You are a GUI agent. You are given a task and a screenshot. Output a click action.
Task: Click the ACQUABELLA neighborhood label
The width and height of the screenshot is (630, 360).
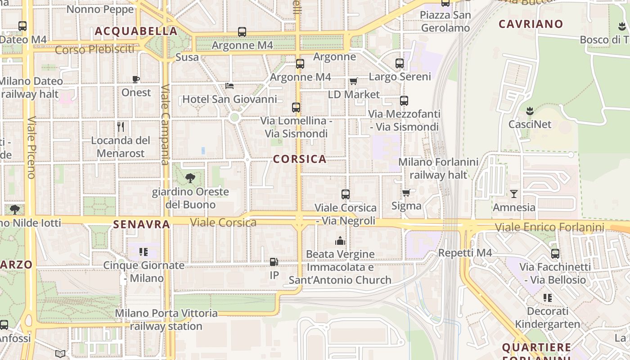(x=136, y=31)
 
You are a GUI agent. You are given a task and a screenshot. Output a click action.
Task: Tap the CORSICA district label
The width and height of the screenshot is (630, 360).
(x=300, y=159)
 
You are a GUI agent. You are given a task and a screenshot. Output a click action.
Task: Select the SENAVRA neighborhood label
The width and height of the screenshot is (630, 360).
(x=141, y=224)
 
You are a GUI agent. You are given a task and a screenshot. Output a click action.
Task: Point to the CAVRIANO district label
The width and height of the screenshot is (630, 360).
(x=531, y=24)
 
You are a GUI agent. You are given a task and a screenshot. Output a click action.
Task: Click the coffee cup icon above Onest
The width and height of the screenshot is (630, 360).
(x=136, y=80)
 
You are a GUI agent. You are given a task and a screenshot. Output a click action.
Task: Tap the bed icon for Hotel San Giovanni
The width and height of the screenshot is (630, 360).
(x=229, y=85)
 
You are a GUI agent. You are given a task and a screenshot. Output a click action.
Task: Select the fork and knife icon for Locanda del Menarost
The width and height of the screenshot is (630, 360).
(x=121, y=127)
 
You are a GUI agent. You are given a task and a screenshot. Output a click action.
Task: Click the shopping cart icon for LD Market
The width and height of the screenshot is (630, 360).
(x=354, y=81)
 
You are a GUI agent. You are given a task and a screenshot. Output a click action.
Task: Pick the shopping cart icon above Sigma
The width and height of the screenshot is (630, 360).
(x=406, y=193)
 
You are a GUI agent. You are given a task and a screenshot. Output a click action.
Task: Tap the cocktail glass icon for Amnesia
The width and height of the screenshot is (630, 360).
(x=514, y=194)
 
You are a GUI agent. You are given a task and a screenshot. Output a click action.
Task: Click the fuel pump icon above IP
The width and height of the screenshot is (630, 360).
(x=274, y=262)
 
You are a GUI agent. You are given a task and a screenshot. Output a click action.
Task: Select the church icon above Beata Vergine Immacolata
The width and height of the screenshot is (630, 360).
(x=340, y=241)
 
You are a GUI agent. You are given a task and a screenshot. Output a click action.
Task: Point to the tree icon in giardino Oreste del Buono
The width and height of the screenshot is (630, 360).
(x=190, y=178)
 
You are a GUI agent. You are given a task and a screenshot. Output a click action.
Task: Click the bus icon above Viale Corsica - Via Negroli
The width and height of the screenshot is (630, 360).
(x=346, y=194)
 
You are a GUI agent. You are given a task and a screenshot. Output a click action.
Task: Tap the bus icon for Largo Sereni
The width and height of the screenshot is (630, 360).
(x=400, y=63)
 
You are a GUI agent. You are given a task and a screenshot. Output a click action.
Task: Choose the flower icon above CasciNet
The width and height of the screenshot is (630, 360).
(x=529, y=111)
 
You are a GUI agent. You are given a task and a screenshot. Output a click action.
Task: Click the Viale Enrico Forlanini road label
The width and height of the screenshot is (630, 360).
(x=549, y=227)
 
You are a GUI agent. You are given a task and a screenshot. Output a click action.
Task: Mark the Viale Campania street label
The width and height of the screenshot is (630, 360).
(x=165, y=124)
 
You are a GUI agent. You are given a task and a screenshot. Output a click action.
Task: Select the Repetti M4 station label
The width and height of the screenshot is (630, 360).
(x=465, y=253)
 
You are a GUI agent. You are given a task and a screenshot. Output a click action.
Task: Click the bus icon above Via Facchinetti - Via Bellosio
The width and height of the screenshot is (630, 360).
(x=555, y=254)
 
